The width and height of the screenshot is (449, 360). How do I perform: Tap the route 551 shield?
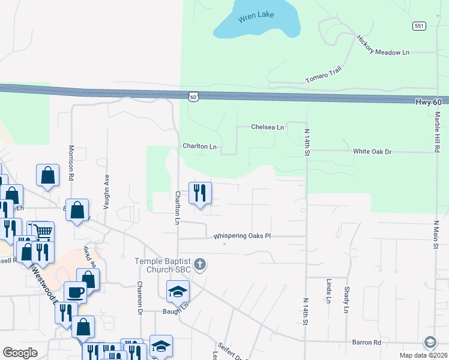point(419,26)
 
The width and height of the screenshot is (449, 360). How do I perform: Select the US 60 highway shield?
point(192,96)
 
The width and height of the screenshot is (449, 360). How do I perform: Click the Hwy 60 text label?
point(429,103)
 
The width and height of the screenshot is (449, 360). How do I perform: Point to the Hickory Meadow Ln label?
point(383,46)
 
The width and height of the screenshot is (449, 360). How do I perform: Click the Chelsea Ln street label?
point(267,127)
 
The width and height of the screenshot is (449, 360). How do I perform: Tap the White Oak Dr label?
point(372,152)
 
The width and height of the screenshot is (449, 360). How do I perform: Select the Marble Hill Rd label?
point(438,132)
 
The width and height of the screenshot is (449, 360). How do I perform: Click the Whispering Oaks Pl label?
point(243,236)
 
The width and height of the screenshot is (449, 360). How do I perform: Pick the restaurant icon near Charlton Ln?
point(199,193)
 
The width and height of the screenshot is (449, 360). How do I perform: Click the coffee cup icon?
point(75,292)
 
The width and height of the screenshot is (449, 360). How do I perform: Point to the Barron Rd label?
point(369,343)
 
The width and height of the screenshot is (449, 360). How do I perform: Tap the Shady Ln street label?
point(347,299)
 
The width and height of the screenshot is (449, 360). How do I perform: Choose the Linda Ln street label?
point(329,290)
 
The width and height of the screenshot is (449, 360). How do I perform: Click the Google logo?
point(20,352)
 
